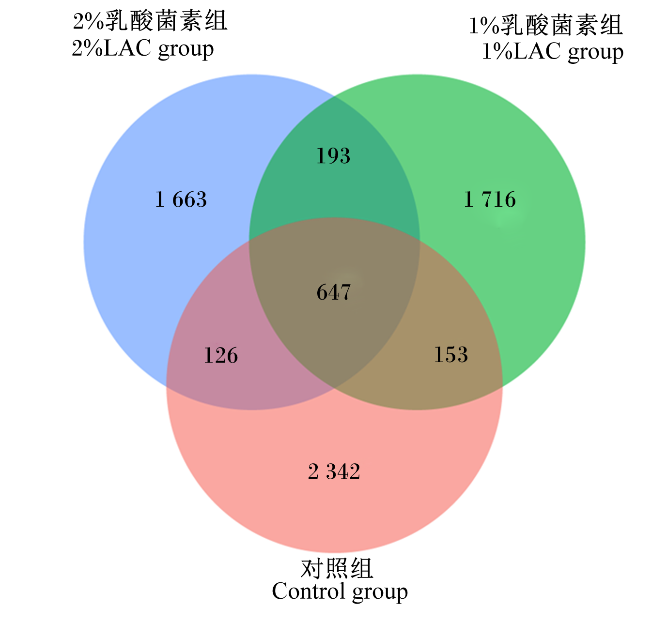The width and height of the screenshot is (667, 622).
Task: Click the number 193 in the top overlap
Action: tap(333, 156)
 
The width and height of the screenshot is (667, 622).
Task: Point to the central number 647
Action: tap(333, 292)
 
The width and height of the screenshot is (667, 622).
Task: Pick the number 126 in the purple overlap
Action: tap(221, 355)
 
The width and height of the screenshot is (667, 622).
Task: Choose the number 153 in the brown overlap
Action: tap(450, 354)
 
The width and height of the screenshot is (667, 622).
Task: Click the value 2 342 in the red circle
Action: tap(334, 471)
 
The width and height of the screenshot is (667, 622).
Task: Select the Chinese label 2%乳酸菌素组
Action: tap(150, 21)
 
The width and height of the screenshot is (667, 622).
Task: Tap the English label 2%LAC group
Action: tap(143, 49)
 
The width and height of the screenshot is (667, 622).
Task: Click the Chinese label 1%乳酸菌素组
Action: tap(546, 25)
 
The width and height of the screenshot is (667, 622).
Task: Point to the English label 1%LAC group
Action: tap(553, 52)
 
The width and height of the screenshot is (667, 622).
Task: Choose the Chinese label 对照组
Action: tap(337, 569)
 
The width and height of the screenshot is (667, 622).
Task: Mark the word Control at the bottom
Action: tap(309, 592)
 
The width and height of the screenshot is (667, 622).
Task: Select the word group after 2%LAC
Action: tap(186, 50)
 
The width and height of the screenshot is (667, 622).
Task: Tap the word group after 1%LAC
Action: tap(596, 54)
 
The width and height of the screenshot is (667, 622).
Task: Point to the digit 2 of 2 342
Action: tap(313, 471)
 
